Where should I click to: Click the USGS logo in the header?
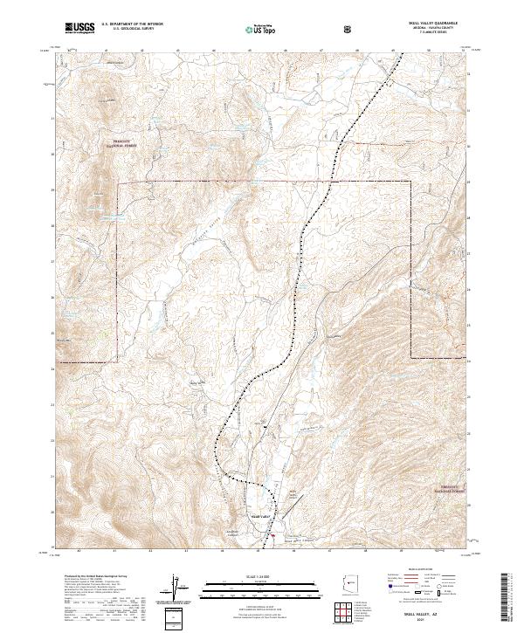80,28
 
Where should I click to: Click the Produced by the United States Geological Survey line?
96,576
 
